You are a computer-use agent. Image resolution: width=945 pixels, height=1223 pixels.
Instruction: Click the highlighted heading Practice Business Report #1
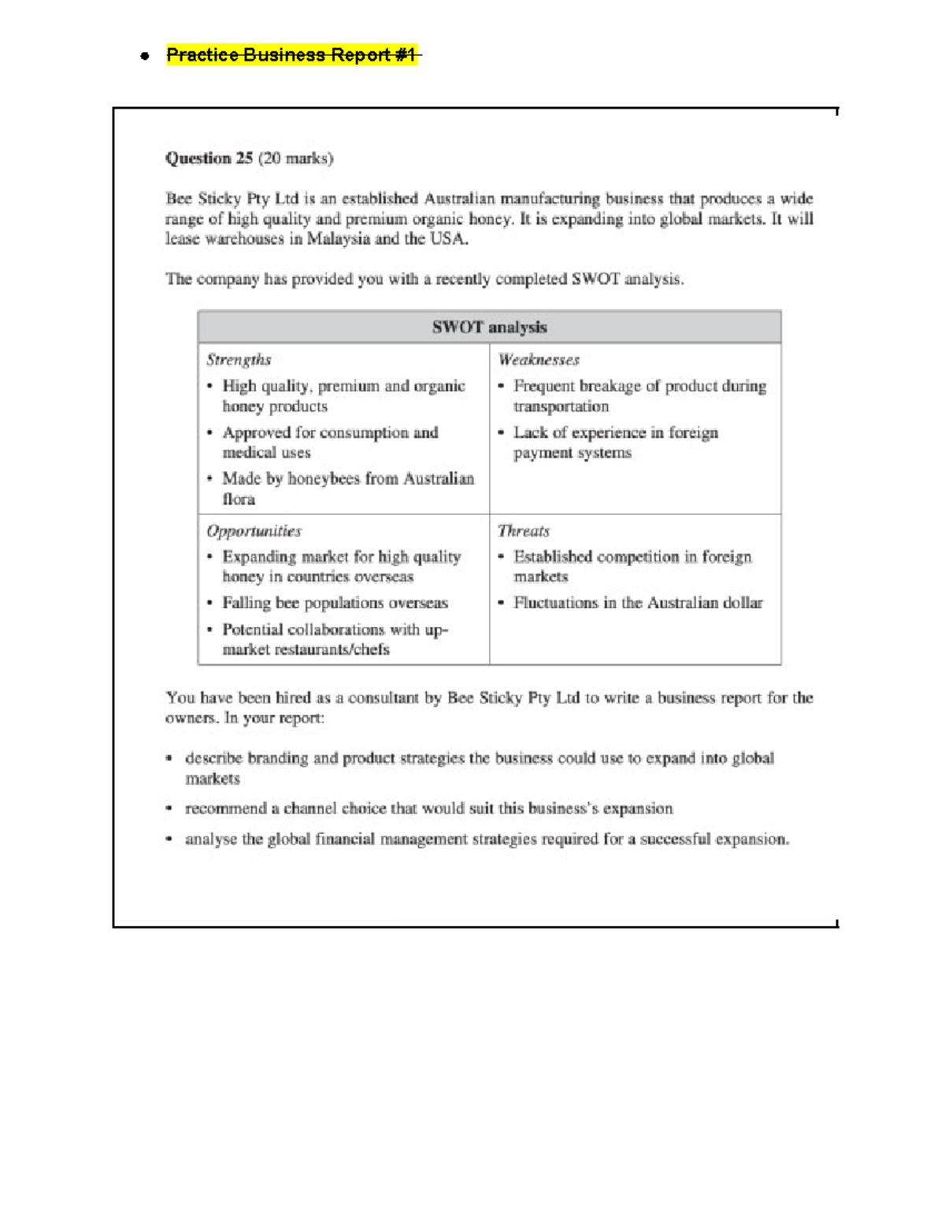[291, 55]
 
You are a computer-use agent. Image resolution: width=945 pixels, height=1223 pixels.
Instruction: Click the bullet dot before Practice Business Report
[145, 56]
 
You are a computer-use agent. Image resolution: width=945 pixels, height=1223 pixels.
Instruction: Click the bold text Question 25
[209, 158]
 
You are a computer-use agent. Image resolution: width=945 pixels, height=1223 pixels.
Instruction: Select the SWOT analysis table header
[489, 327]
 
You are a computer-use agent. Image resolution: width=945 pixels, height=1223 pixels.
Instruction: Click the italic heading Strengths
[239, 360]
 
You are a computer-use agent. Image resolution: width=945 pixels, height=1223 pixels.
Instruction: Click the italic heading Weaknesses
[539, 360]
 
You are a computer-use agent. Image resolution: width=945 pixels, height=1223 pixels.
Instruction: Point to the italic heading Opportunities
[254, 531]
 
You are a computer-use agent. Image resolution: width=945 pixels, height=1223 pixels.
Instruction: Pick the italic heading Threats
[524, 531]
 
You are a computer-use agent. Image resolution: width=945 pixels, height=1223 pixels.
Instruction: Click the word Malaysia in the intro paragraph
[339, 239]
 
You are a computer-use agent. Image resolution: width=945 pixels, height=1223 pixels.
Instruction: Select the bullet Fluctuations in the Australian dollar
[638, 603]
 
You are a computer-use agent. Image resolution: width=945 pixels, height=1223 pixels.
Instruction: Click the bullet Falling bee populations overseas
[335, 603]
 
